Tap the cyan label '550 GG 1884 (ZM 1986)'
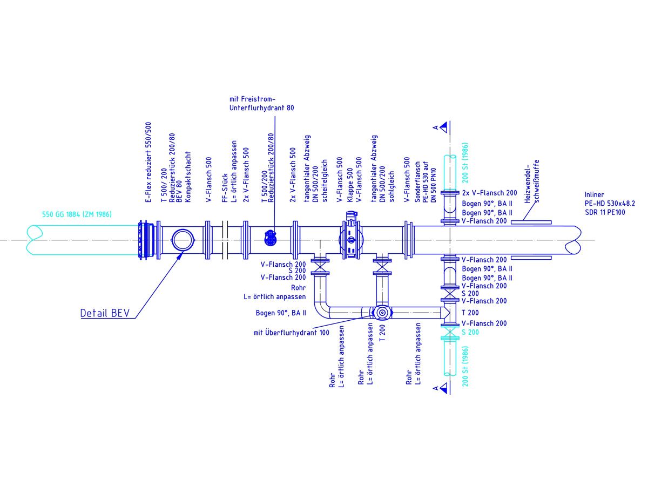[77, 214]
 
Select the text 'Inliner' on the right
[595, 194]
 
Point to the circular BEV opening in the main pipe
[181, 239]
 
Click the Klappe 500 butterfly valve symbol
[349, 238]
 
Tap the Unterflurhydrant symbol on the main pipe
[270, 236]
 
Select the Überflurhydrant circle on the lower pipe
[381, 313]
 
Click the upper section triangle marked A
[443, 127]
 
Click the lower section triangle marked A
[443, 387]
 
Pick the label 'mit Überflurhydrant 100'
[291, 333]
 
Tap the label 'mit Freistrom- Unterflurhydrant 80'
[261, 104]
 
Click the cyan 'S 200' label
[470, 332]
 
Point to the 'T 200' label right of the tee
[470, 313]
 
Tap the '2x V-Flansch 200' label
[490, 193]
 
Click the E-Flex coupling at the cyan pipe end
[145, 239]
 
